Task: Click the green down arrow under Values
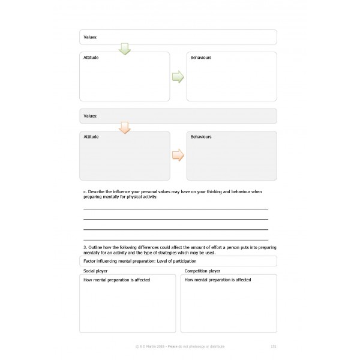pyautogui.click(x=125, y=49)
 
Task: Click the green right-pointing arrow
pyautogui.click(x=178, y=77)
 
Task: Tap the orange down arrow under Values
pyautogui.click(x=125, y=127)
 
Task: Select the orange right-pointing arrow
pyautogui.click(x=178, y=155)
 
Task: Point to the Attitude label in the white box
pyautogui.click(x=91, y=58)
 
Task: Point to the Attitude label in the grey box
pyautogui.click(x=91, y=137)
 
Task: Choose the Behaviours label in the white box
pyautogui.click(x=201, y=58)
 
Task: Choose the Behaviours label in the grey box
pyautogui.click(x=201, y=137)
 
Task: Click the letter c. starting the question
pyautogui.click(x=85, y=191)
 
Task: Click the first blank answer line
pyautogui.click(x=175, y=208)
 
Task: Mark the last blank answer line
pyautogui.click(x=175, y=239)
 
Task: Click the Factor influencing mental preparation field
pyautogui.click(x=178, y=261)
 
